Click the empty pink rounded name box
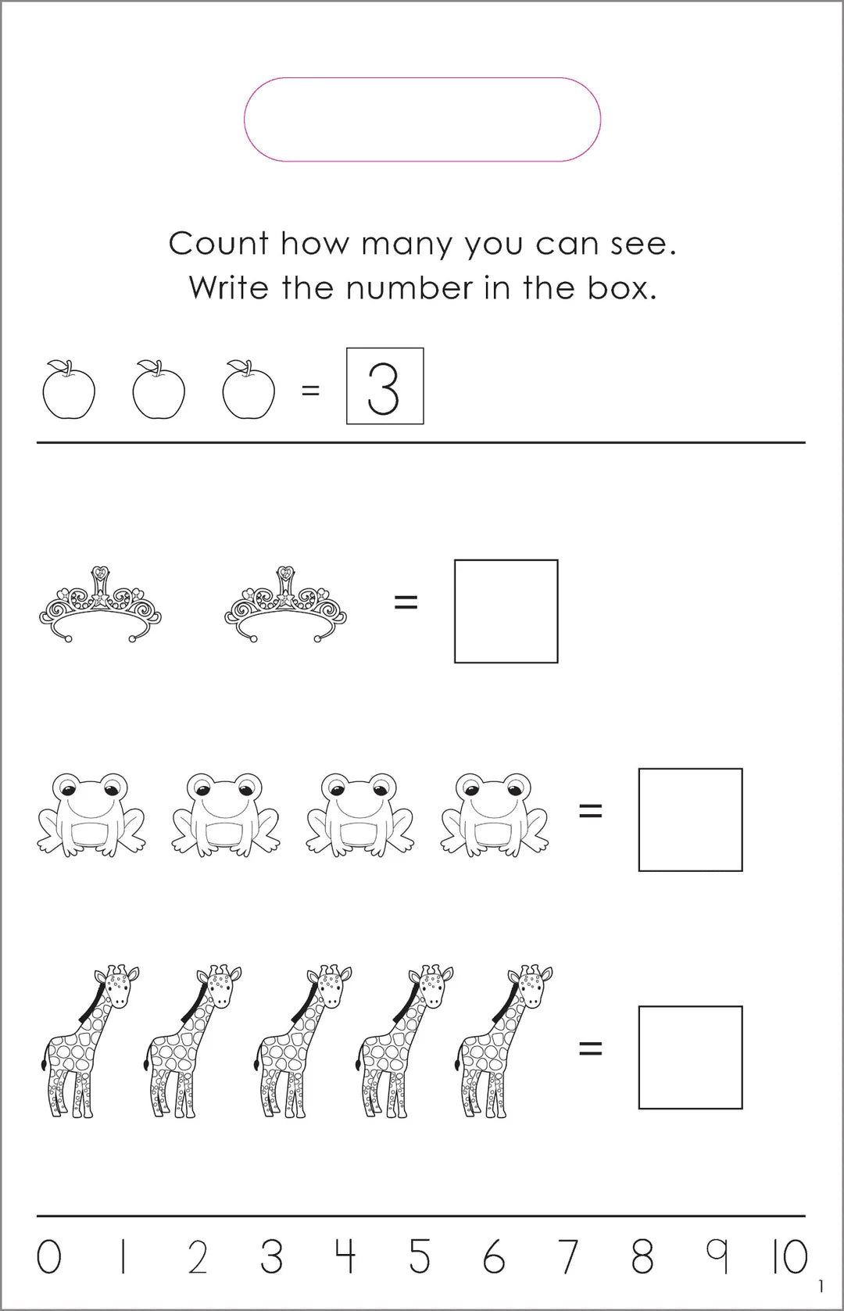(x=422, y=120)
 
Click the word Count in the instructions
(x=219, y=244)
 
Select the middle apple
(x=159, y=391)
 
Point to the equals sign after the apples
(x=310, y=391)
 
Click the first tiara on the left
(x=100, y=606)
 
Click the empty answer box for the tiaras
(x=506, y=611)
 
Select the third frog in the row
(x=360, y=813)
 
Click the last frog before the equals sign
(x=494, y=813)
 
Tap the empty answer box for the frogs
(x=690, y=820)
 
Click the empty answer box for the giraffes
(x=690, y=1057)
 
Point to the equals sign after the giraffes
(x=590, y=1048)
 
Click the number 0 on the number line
(x=48, y=1258)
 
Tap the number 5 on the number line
(x=420, y=1258)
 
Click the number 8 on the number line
(x=642, y=1258)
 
